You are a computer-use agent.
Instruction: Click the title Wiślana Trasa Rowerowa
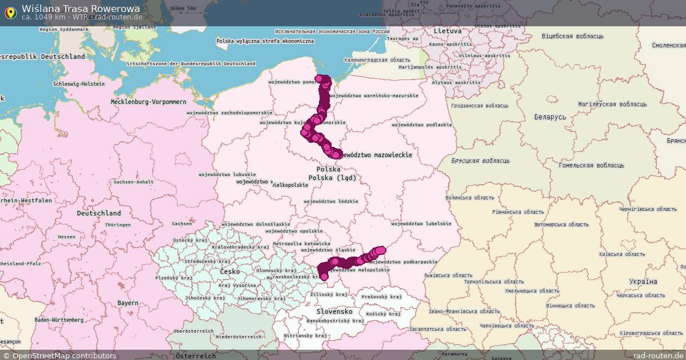pos(80,9)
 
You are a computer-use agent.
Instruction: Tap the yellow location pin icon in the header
pos(10,13)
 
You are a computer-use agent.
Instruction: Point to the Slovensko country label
pos(334,311)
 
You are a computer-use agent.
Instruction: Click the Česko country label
pos(230,271)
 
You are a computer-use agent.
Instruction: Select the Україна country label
pos(643,282)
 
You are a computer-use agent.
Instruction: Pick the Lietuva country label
pos(448,30)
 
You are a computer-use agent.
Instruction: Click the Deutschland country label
pos(98,213)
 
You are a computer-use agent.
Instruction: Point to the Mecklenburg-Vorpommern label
pos(149,102)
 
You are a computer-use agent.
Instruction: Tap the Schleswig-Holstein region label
pos(79,84)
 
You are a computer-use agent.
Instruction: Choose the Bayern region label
pos(127,303)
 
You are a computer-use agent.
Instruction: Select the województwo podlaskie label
pos(422,125)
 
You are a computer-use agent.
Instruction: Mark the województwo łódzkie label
pos(331,201)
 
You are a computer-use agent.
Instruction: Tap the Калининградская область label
pos(377,60)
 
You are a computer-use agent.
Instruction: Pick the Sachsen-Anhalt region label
pos(133,182)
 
